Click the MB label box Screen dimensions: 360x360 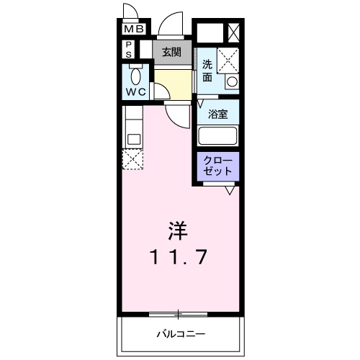pyautogui.click(x=134, y=29)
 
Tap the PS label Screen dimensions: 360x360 pyautogui.click(x=129, y=50)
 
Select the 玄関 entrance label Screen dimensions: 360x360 pyautogui.click(x=171, y=52)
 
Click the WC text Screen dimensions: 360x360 pyautogui.click(x=136, y=92)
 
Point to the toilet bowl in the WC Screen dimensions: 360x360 pyautogui.click(x=136, y=76)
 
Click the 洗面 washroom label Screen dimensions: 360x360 pyautogui.click(x=207, y=71)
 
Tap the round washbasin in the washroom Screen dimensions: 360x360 pyautogui.click(x=232, y=81)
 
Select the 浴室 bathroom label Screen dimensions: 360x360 pyautogui.click(x=217, y=114)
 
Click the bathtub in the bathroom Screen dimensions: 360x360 pyautogui.click(x=217, y=135)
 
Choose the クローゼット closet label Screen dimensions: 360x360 pyautogui.click(x=217, y=166)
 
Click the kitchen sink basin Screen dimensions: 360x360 pyautogui.click(x=134, y=139)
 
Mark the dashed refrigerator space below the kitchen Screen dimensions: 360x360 pyautogui.click(x=132, y=159)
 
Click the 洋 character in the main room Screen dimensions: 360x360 pyautogui.click(x=178, y=231)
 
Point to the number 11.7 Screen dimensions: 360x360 pyautogui.click(x=178, y=256)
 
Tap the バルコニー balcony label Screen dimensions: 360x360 pyautogui.click(x=181, y=334)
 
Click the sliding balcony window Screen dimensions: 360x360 pyautogui.click(x=178, y=315)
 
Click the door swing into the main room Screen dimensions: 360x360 pyautogui.click(x=174, y=121)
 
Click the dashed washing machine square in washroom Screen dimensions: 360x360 pyautogui.click(x=228, y=60)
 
